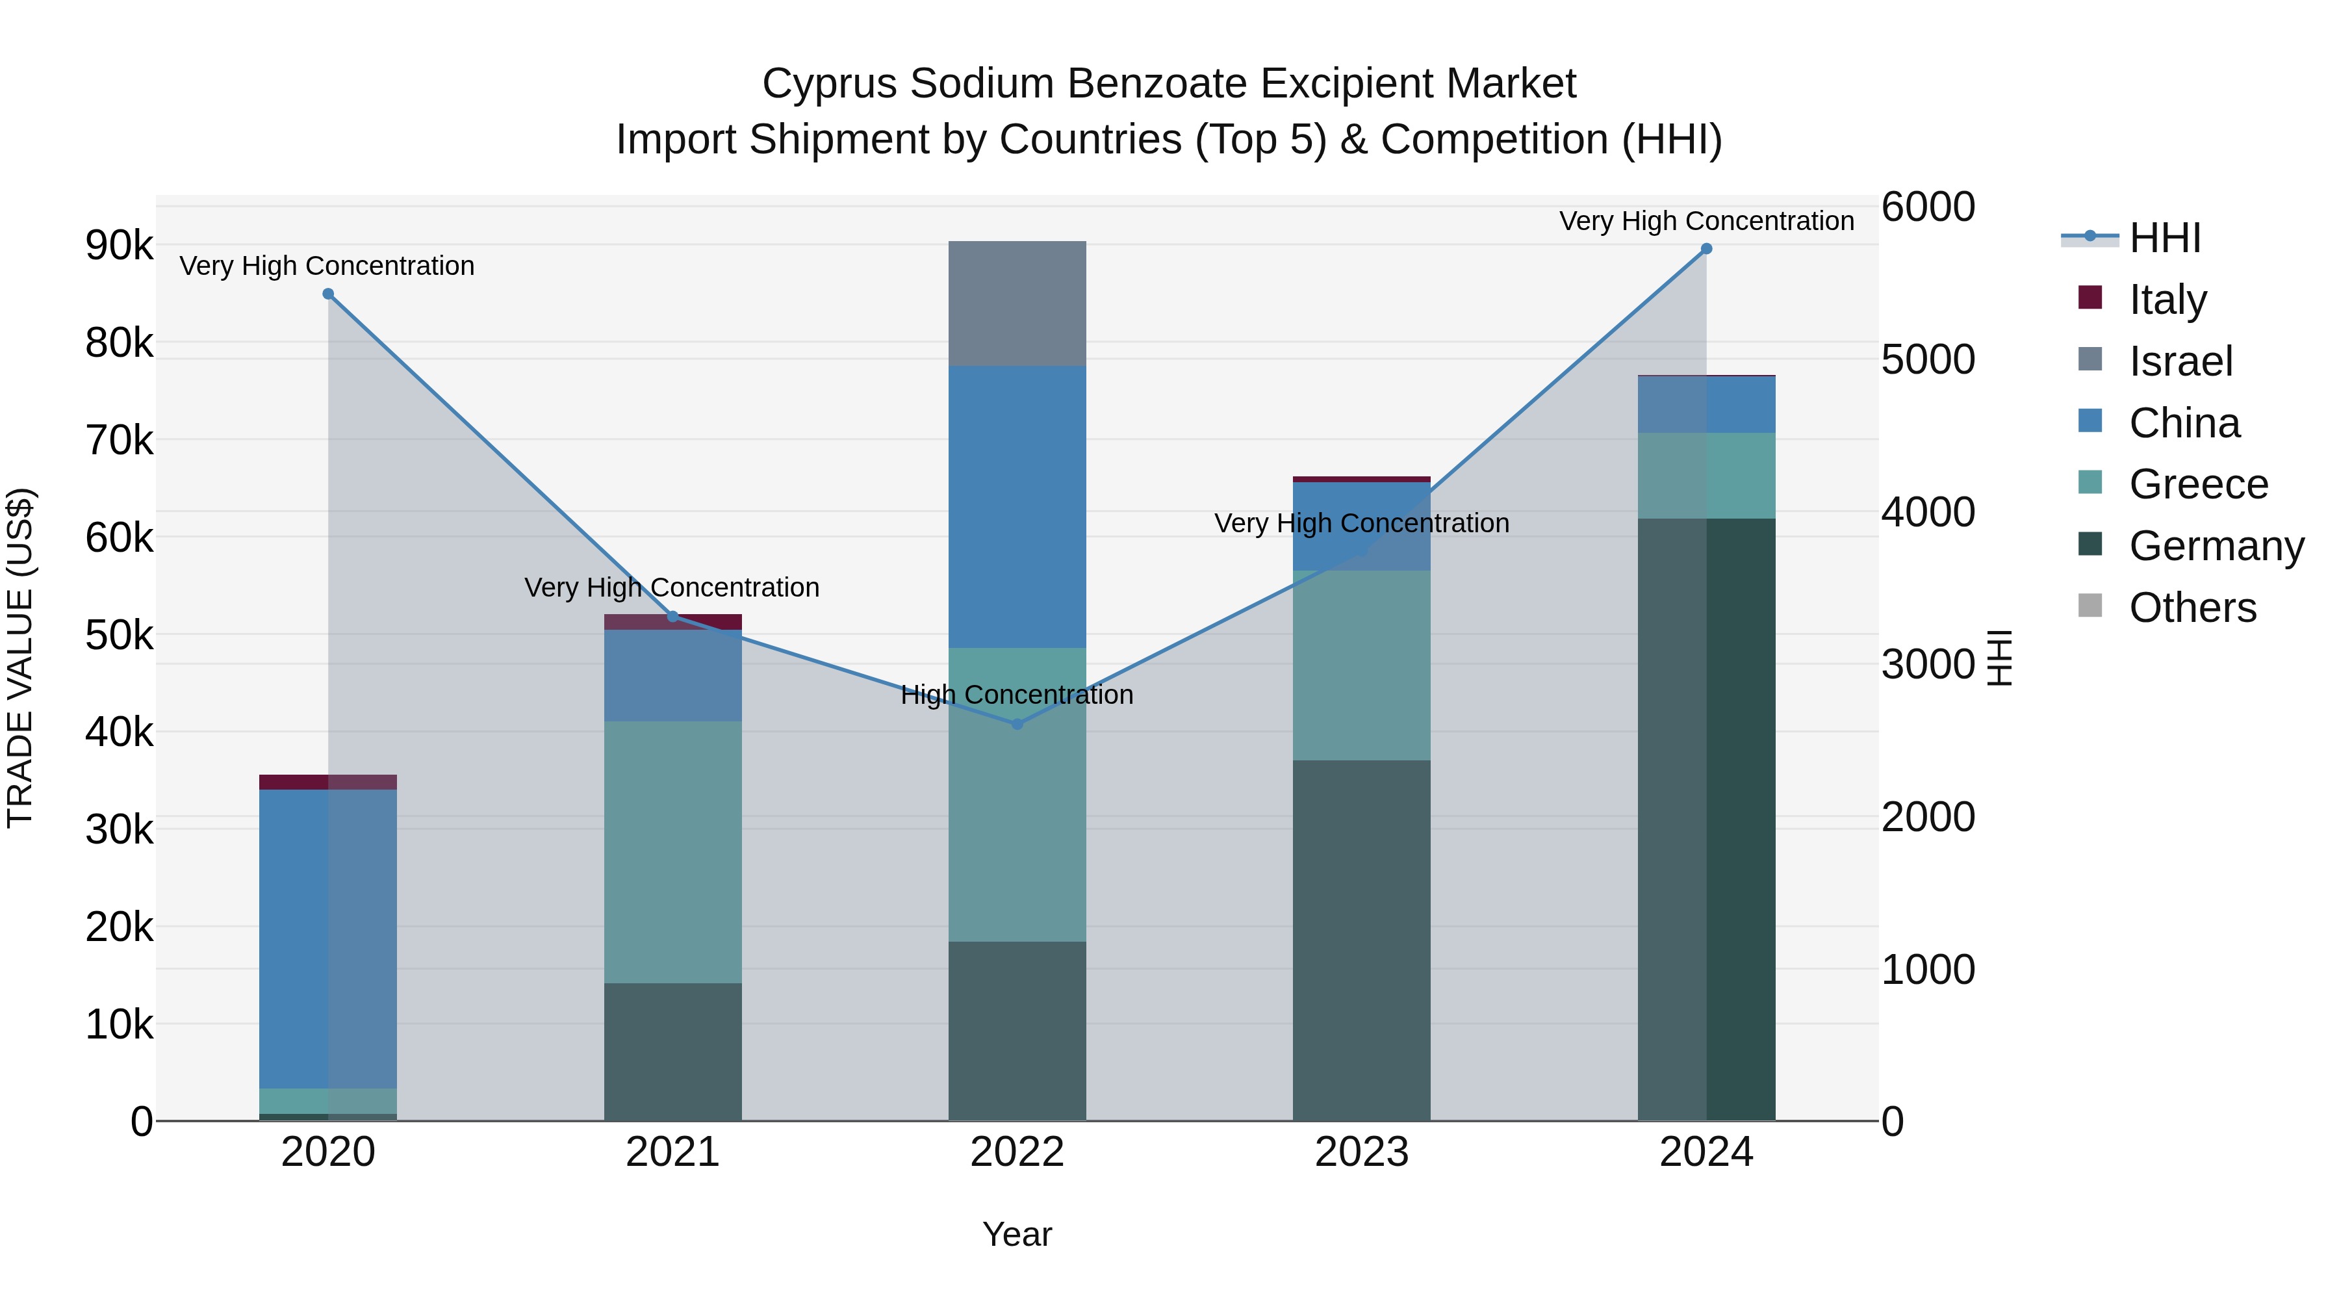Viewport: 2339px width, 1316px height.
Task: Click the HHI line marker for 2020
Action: click(x=329, y=293)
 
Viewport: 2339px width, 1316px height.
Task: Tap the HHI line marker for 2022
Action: click(x=1017, y=724)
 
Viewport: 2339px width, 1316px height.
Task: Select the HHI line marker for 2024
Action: click(x=1706, y=249)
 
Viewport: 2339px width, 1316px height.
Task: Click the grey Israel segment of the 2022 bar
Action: click(x=1017, y=303)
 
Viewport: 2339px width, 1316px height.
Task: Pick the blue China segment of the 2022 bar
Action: click(x=1017, y=507)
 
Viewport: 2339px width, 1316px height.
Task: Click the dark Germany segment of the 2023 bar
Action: click(x=1361, y=940)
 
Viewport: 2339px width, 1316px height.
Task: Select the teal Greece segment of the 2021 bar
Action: click(x=673, y=852)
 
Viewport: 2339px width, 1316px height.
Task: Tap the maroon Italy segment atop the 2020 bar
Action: click(x=328, y=782)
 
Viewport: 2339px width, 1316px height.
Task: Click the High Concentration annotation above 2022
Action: click(x=1017, y=695)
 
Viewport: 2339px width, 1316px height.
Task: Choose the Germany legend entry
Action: click(x=2216, y=546)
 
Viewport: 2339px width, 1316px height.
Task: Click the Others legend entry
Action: click(x=2192, y=608)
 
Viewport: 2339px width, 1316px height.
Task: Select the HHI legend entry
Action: click(x=2165, y=238)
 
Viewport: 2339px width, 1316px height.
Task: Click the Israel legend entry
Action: click(x=2180, y=361)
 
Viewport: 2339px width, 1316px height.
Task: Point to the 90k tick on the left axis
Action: click(x=119, y=245)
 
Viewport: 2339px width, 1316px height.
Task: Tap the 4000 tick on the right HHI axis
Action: click(x=1927, y=511)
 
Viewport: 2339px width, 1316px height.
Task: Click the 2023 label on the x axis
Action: click(x=1361, y=1152)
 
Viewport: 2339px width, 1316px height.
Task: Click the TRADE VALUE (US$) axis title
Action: click(x=20, y=658)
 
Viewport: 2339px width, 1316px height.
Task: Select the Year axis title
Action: click(x=1017, y=1234)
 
